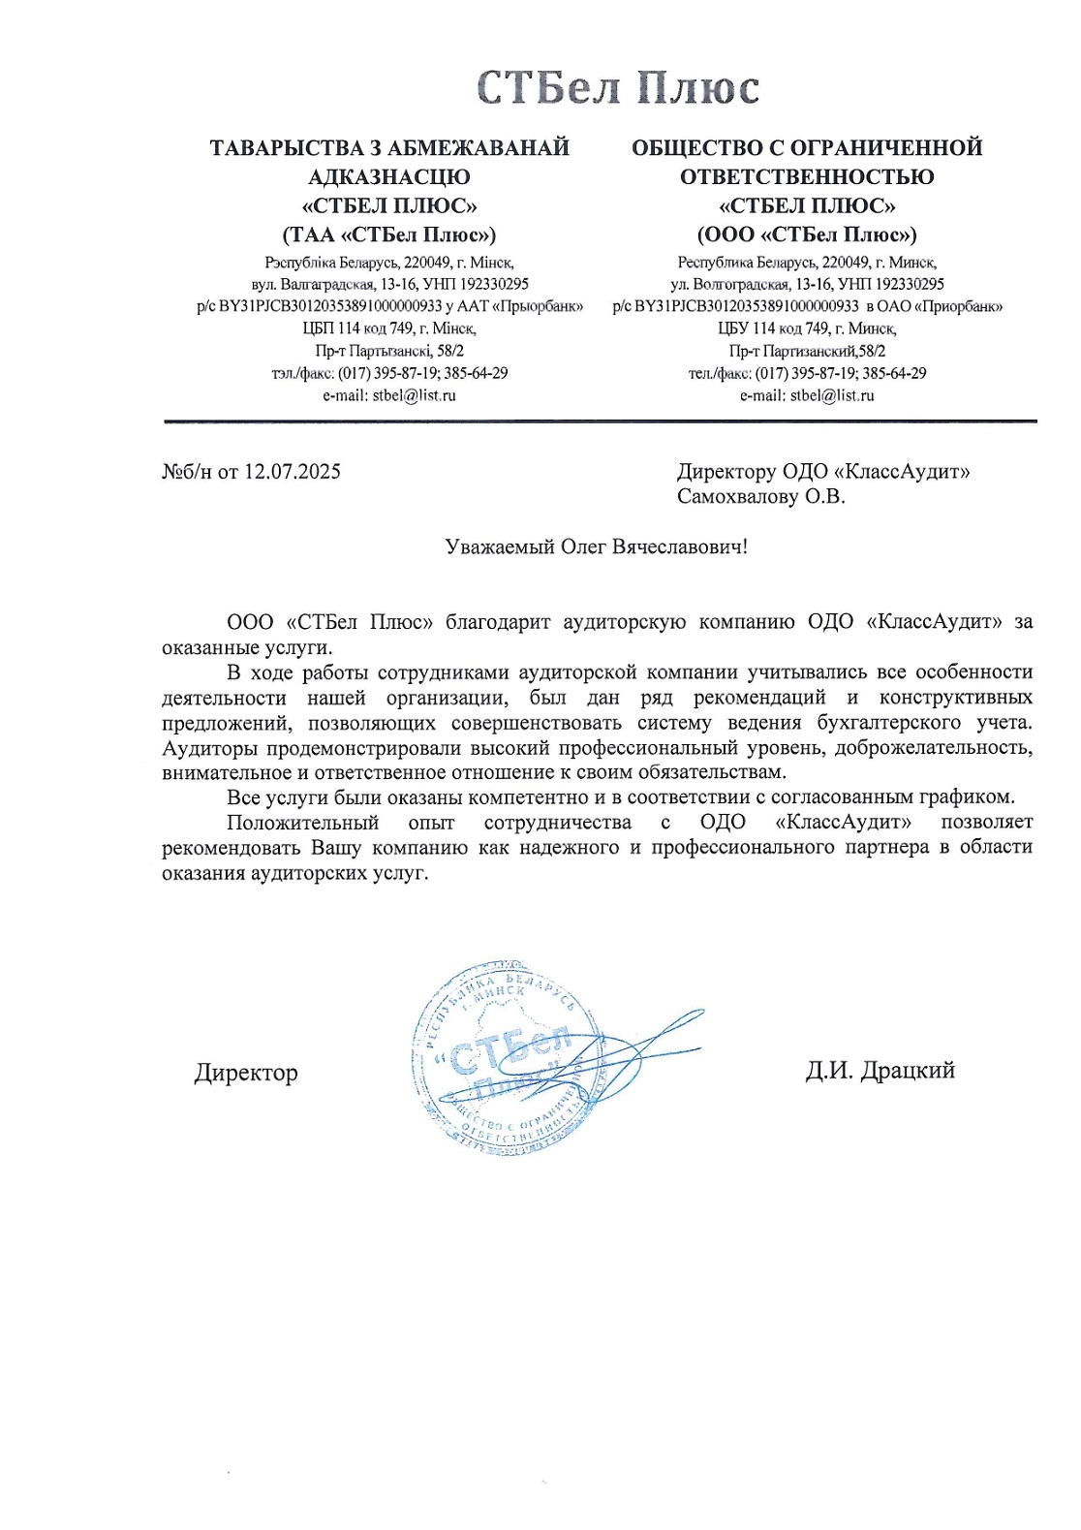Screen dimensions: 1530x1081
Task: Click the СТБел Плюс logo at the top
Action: tap(618, 88)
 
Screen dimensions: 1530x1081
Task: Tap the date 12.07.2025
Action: tap(292, 472)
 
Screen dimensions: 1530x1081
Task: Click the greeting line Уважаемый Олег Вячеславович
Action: tap(596, 546)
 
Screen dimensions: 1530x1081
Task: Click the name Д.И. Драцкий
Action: tap(880, 1070)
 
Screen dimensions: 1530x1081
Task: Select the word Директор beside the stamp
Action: tap(246, 1073)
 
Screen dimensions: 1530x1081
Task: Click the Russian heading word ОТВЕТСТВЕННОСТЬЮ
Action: tap(806, 177)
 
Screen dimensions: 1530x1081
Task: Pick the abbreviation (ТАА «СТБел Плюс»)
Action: tap(389, 234)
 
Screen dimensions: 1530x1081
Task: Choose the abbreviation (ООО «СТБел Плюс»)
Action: tap(806, 234)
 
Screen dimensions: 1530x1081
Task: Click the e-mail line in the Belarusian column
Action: tap(389, 395)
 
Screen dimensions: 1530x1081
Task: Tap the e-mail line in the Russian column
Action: tap(806, 395)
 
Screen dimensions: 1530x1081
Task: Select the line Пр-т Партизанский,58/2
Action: tap(806, 351)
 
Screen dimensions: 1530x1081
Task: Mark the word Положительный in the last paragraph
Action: tap(302, 823)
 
